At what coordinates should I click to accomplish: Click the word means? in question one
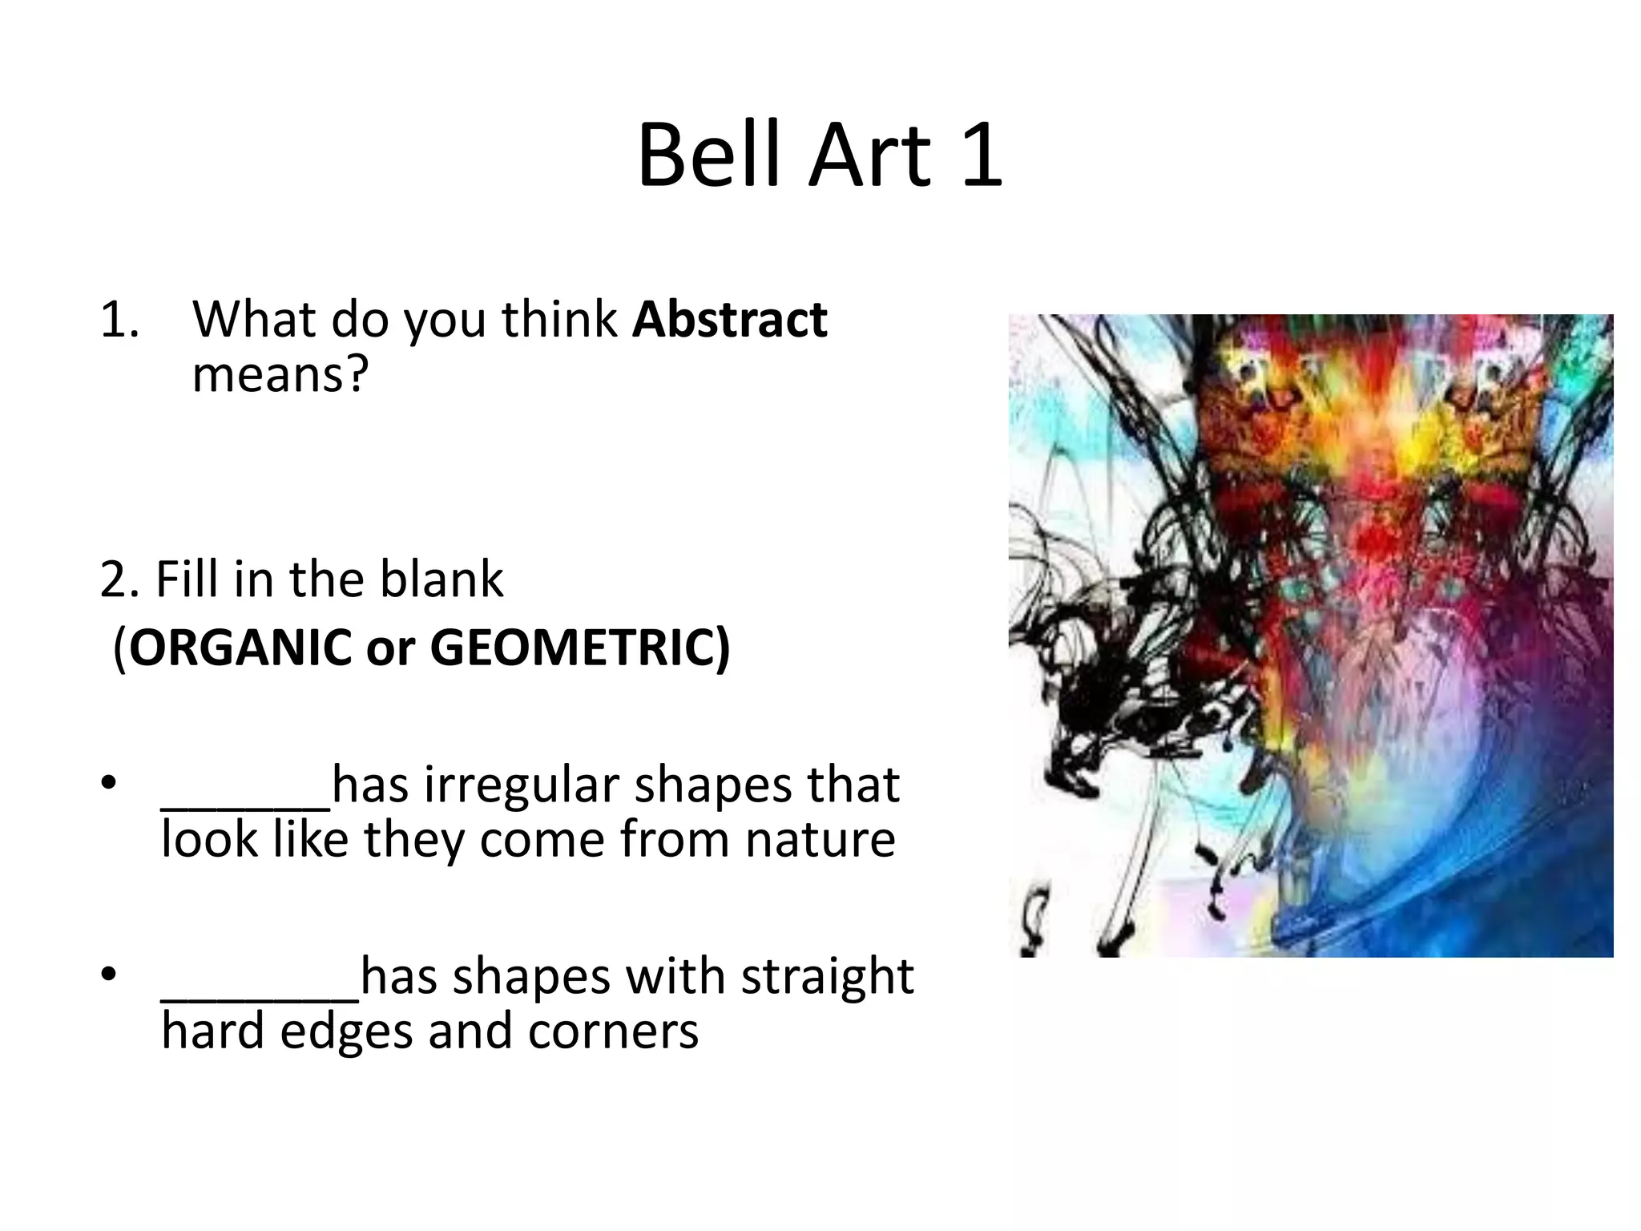coord(280,373)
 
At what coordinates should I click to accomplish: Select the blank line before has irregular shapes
coord(246,805)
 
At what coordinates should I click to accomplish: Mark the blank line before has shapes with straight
coord(260,997)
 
